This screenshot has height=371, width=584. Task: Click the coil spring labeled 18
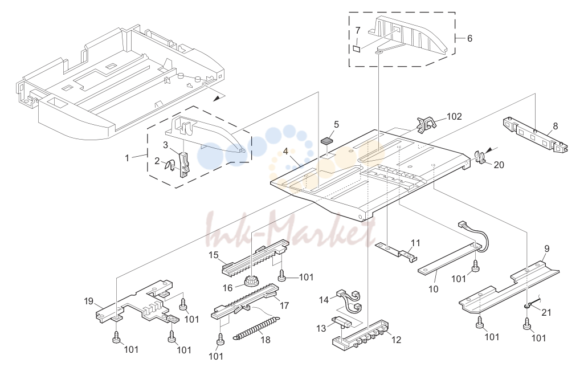pyautogui.click(x=256, y=328)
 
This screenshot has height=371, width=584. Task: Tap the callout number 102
pyautogui.click(x=454, y=117)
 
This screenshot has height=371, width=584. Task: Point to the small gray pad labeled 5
pyautogui.click(x=328, y=141)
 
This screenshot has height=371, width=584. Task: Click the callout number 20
pyautogui.click(x=499, y=164)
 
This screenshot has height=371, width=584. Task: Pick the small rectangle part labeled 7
pyautogui.click(x=357, y=49)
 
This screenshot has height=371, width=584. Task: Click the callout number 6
pyautogui.click(x=469, y=38)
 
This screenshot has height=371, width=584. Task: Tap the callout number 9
pyautogui.click(x=547, y=248)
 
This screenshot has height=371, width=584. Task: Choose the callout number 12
pyautogui.click(x=397, y=340)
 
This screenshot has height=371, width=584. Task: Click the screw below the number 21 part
pyautogui.click(x=526, y=324)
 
